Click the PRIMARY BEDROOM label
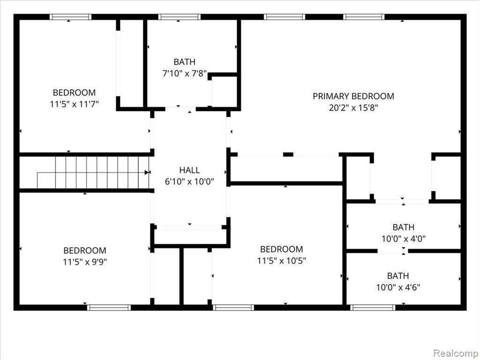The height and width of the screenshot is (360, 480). click(353, 96)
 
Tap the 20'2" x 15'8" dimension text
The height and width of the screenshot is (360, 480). click(353, 108)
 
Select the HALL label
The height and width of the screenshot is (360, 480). click(189, 170)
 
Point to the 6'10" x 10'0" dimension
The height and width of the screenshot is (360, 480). click(189, 182)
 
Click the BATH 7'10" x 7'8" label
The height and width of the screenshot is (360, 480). click(184, 67)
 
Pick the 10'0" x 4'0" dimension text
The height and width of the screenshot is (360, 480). click(404, 239)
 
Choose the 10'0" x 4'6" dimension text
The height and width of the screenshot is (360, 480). click(398, 287)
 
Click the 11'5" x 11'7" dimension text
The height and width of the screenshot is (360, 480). click(75, 105)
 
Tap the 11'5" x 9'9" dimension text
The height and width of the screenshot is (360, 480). click(85, 262)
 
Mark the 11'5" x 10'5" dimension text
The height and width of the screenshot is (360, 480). click(282, 261)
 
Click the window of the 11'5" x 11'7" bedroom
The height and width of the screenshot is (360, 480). click(70, 17)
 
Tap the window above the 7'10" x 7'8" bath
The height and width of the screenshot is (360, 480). click(180, 17)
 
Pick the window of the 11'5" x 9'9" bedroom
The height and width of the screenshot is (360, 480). click(109, 307)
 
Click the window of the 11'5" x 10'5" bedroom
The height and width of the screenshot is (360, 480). click(233, 307)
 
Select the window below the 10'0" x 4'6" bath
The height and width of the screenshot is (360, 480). click(373, 307)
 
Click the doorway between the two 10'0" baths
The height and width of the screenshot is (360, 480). click(393, 251)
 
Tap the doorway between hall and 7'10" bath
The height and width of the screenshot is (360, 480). click(180, 109)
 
